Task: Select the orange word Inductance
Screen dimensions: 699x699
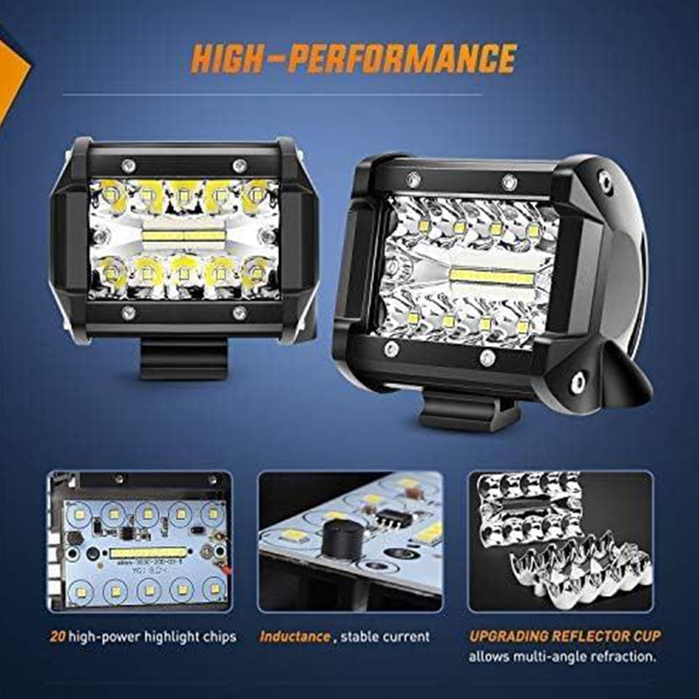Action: tap(294, 637)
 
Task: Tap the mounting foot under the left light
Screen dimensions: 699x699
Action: tap(183, 359)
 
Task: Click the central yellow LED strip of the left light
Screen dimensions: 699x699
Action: tap(183, 236)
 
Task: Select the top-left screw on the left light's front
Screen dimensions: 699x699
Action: tap(128, 166)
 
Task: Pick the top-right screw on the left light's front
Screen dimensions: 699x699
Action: tap(239, 166)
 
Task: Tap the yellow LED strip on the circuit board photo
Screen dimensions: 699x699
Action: tap(148, 553)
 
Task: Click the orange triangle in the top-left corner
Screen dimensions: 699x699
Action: tap(10, 79)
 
